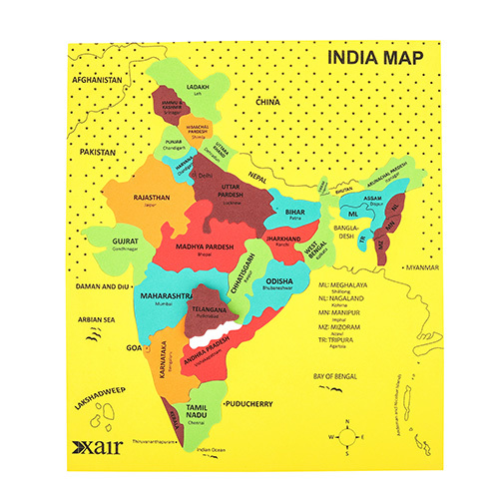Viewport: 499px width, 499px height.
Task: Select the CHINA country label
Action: pyautogui.click(x=267, y=102)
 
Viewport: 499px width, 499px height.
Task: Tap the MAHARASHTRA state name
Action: pyautogui.click(x=165, y=296)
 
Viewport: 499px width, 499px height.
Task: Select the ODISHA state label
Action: pyautogui.click(x=278, y=280)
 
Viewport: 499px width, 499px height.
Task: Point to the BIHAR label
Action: pyautogui.click(x=294, y=213)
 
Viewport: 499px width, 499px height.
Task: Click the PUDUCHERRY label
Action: pyautogui.click(x=250, y=405)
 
